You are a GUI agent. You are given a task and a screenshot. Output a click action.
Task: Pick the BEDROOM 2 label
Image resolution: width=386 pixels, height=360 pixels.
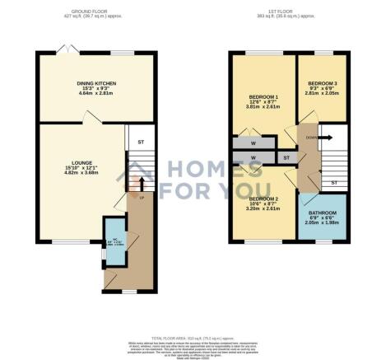tap(264, 199)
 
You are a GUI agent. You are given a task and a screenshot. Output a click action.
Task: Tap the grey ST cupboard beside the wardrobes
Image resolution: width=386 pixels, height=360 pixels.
tap(286, 157)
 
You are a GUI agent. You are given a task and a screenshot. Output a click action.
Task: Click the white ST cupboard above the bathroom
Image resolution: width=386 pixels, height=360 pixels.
tap(333, 181)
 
